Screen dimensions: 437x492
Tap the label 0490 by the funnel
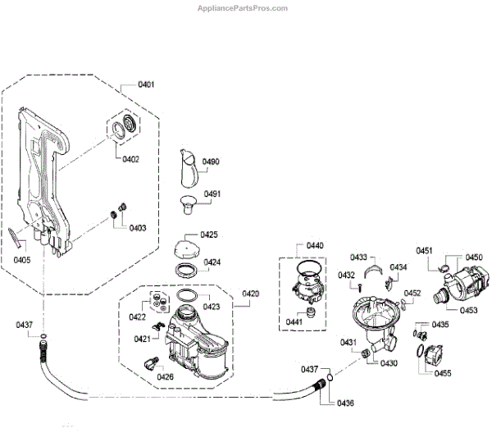click(211, 162)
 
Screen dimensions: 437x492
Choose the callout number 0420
click(251, 294)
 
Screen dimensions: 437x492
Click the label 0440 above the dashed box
click(315, 245)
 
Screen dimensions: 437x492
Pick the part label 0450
click(474, 257)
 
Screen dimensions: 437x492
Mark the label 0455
click(444, 374)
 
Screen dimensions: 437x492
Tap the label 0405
click(22, 261)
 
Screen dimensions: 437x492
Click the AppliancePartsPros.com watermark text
click(244, 7)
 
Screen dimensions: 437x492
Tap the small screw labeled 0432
click(360, 285)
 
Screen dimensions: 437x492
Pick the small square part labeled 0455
click(430, 356)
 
